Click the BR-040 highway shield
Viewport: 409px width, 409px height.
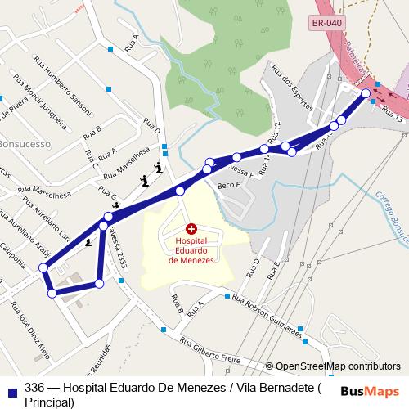point(328,24)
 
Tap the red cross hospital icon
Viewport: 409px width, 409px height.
point(191,229)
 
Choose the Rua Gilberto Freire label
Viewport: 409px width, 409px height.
point(212,353)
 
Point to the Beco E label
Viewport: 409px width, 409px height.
point(230,186)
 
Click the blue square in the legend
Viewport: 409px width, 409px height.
point(11,388)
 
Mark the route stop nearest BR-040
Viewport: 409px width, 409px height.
point(366,94)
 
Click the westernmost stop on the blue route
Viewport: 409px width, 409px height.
point(43,267)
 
